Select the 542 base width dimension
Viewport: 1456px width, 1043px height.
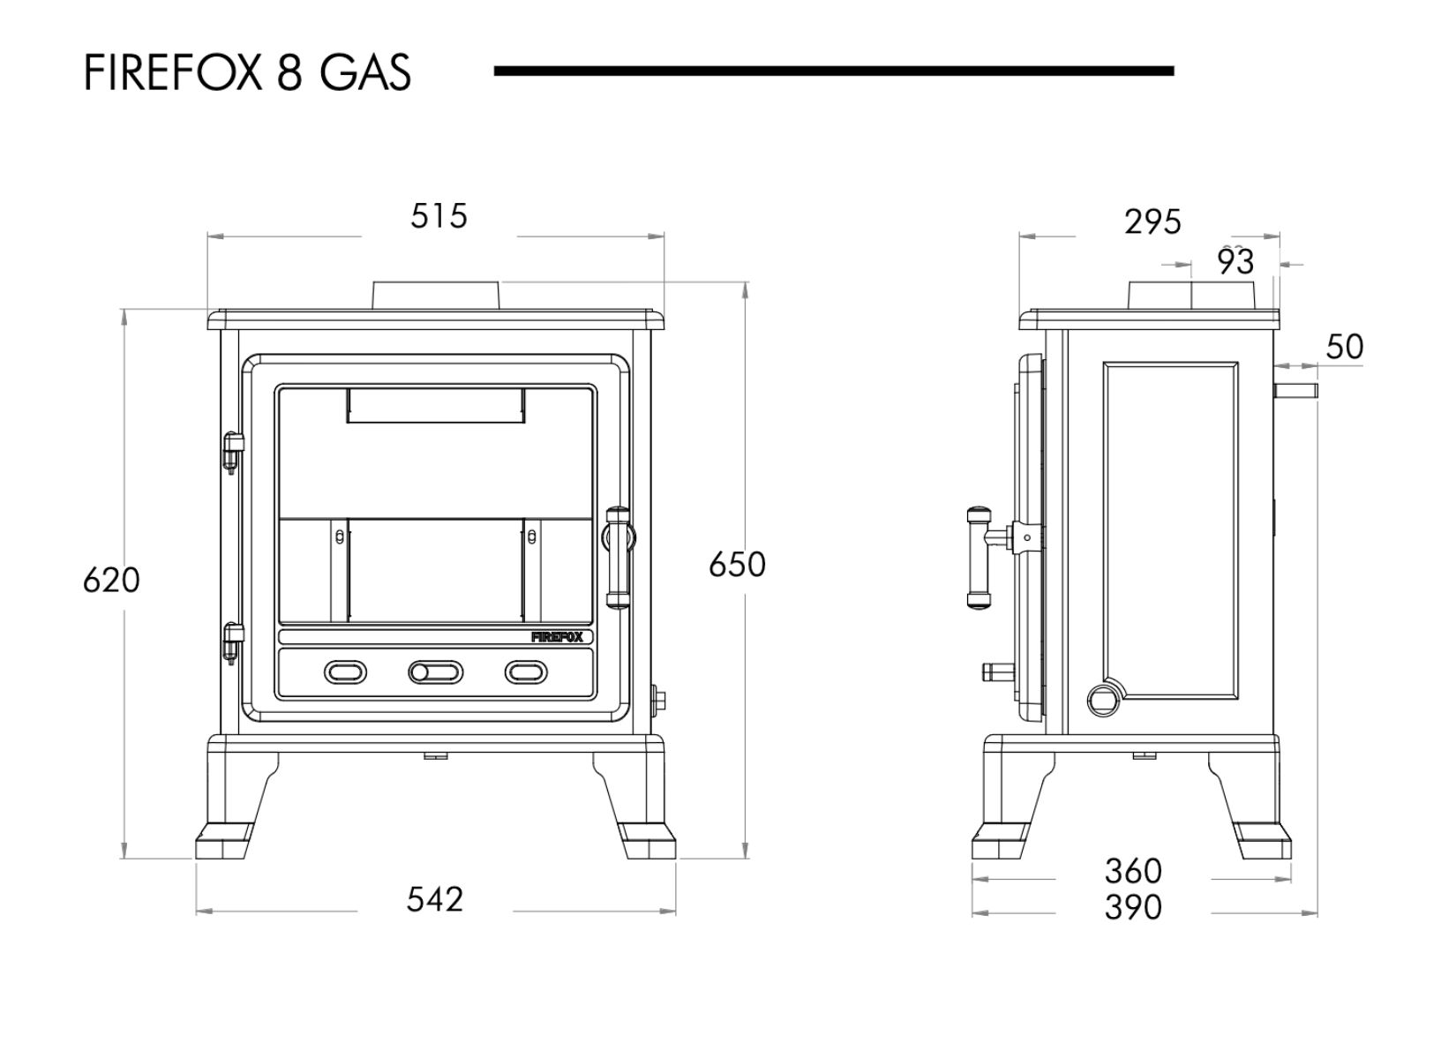[434, 900]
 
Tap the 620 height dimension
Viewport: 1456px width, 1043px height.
[111, 581]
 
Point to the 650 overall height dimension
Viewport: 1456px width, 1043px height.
[737, 565]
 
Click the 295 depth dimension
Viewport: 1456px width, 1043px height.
[1152, 222]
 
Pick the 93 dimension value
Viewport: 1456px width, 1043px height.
[1235, 262]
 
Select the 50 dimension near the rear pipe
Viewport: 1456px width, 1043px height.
[1345, 348]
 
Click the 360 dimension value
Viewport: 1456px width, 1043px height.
[1133, 872]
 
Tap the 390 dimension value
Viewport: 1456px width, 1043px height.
[1133, 908]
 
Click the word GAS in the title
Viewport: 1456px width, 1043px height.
[364, 73]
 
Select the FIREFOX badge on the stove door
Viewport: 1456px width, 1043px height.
[557, 637]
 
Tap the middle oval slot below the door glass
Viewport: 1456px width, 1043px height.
[435, 673]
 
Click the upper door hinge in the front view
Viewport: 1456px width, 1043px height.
[232, 452]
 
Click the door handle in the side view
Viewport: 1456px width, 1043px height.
[979, 558]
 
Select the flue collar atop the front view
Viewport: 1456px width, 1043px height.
[437, 296]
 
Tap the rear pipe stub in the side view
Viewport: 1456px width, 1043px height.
[1295, 391]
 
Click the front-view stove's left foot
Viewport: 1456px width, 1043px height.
[225, 840]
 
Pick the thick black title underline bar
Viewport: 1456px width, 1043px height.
[833, 71]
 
